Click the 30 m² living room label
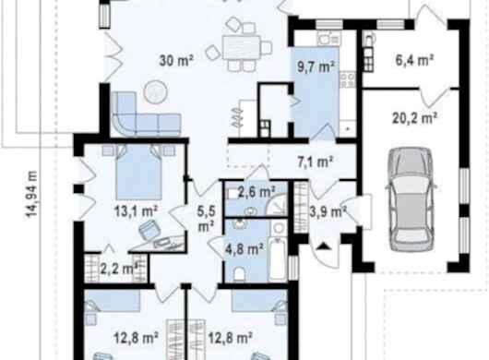(176, 61)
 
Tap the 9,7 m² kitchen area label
(316, 66)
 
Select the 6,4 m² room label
(414, 60)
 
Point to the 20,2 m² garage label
(414, 118)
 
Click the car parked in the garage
(411, 199)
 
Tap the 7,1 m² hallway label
(316, 162)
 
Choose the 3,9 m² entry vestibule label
(328, 212)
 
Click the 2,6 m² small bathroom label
(256, 192)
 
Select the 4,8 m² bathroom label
(244, 249)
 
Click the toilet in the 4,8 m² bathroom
(240, 273)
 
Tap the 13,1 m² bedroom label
(136, 211)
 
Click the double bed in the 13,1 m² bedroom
(138, 173)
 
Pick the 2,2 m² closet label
(119, 269)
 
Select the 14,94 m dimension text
(31, 194)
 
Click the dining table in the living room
(242, 47)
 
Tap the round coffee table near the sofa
(155, 91)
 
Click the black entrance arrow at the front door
(324, 246)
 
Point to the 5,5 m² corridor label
(206, 219)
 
